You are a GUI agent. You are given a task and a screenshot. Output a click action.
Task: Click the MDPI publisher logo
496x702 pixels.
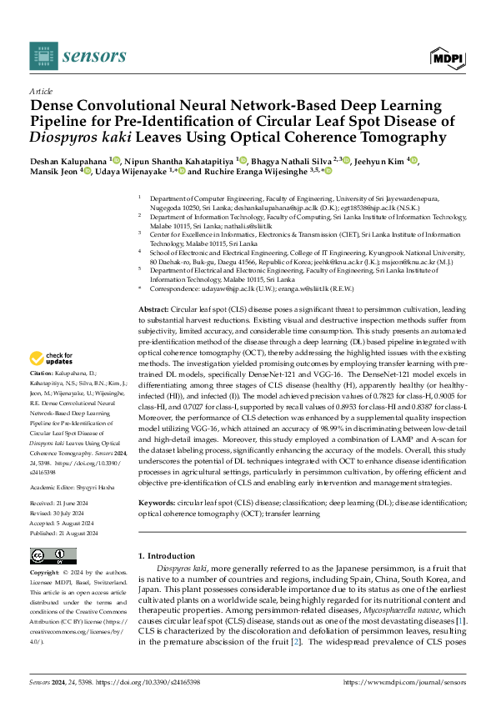pos(447,56)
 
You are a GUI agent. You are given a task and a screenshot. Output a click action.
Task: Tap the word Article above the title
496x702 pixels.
pos(41,90)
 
